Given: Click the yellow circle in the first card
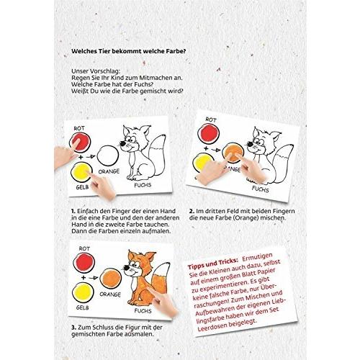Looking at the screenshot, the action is point(81,172).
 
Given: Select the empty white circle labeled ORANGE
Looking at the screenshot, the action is point(108,156).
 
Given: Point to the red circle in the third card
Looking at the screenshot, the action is point(84,263).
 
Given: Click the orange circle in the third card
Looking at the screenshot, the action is point(111,279).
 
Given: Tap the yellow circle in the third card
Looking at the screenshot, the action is point(83,292).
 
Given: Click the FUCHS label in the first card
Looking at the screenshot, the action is point(143,185).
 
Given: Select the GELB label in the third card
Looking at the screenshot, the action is point(82,307).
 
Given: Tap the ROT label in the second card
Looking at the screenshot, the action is point(211,120).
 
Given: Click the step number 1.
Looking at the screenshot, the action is point(73,211).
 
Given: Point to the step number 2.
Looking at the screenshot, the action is point(192,211).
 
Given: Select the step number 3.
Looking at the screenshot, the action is point(73,328).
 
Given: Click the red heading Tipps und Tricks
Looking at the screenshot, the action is point(212,264).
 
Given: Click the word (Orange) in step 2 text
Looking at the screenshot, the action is point(246,218).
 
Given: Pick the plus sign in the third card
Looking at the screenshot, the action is point(84,278).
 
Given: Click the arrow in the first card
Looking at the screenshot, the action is point(91,157).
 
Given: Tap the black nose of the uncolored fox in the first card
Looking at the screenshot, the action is point(122,143).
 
